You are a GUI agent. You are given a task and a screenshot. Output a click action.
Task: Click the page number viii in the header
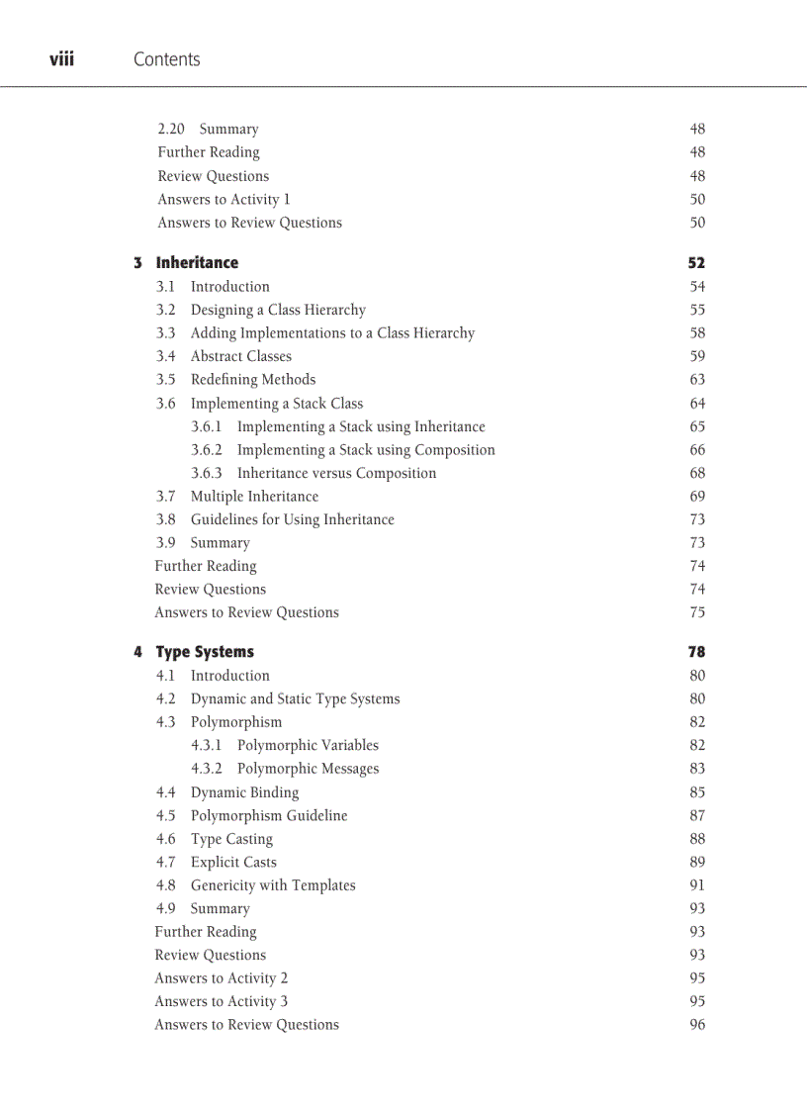(61, 59)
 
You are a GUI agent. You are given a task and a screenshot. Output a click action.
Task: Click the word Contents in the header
(166, 59)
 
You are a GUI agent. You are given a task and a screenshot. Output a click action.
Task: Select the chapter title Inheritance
(197, 263)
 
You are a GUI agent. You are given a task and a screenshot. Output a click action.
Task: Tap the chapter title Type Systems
(205, 652)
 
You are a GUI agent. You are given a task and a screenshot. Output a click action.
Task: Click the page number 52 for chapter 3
(696, 263)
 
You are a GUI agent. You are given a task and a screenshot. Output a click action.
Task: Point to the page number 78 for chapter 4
(696, 652)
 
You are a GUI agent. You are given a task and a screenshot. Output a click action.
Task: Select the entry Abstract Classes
(240, 356)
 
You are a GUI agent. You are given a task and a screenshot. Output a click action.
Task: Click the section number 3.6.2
(206, 450)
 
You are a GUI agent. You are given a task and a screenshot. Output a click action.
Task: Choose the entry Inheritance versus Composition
(336, 473)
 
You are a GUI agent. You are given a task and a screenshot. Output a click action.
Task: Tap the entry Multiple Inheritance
(254, 497)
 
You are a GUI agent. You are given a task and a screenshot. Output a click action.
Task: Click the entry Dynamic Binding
(244, 792)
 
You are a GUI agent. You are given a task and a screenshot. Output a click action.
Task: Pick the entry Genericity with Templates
(273, 885)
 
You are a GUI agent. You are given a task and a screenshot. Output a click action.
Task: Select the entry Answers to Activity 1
(224, 199)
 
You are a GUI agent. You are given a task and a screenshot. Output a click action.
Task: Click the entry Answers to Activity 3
(221, 1001)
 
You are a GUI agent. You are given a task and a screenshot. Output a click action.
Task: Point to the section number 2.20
(171, 130)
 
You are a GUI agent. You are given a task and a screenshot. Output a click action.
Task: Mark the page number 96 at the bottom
(697, 1025)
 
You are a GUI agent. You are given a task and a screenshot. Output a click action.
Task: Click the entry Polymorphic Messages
(308, 769)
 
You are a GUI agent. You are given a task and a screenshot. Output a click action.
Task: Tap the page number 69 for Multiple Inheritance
(697, 497)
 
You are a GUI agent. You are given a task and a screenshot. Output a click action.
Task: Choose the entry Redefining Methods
(253, 380)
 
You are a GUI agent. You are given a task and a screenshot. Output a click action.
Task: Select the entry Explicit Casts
(233, 863)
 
